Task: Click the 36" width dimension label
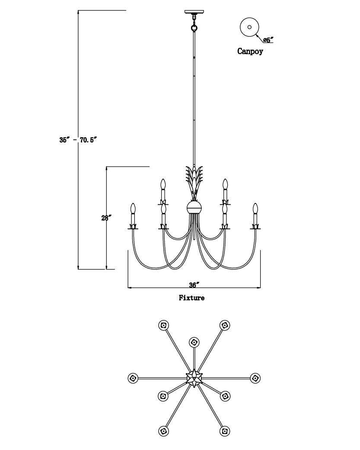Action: click(x=194, y=285)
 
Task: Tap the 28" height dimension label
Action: click(x=106, y=218)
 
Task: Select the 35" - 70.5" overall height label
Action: click(x=78, y=140)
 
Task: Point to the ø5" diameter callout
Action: click(x=268, y=40)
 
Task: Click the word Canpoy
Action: click(x=250, y=51)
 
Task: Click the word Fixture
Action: click(x=191, y=298)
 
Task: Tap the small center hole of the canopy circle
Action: click(x=249, y=27)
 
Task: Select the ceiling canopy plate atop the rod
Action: click(x=194, y=12)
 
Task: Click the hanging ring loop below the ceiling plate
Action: click(x=194, y=28)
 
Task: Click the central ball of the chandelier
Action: click(x=194, y=207)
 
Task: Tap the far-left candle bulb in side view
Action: click(x=133, y=208)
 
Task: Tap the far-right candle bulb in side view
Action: click(x=255, y=208)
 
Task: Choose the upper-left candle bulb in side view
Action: click(x=163, y=184)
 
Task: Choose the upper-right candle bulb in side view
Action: click(x=225, y=184)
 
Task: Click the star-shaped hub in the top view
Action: click(x=194, y=378)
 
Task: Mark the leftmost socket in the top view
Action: click(x=133, y=378)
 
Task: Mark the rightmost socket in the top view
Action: click(x=255, y=378)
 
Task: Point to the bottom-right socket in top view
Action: click(x=225, y=431)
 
